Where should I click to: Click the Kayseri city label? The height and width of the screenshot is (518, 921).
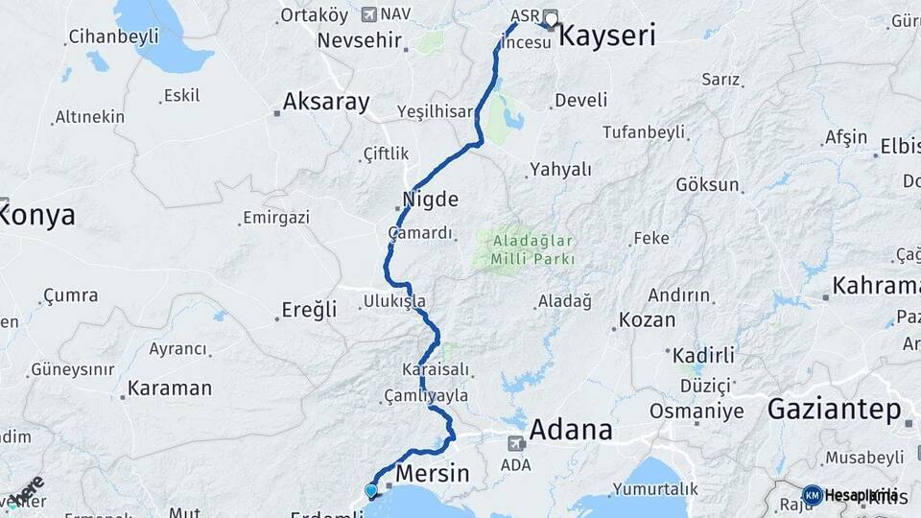(x=606, y=37)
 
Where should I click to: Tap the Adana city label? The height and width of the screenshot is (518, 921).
(x=570, y=429)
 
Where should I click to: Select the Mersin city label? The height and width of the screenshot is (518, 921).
(x=433, y=474)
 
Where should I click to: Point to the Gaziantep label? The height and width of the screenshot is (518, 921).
(x=835, y=410)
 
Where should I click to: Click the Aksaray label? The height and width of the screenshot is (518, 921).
(x=326, y=103)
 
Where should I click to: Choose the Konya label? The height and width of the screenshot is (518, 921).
(x=36, y=215)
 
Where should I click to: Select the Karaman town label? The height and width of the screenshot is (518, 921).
(x=169, y=388)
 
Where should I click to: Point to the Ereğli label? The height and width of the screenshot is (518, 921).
(x=309, y=309)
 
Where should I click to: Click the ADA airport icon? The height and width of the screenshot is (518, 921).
(x=516, y=443)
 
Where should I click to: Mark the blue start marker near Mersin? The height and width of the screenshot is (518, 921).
(x=371, y=491)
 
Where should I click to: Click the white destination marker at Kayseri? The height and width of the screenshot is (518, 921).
(x=551, y=17)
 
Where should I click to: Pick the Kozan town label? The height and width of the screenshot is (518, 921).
(x=648, y=319)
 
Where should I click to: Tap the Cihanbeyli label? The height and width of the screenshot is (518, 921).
(x=112, y=37)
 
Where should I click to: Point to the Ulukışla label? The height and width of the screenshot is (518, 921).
(x=394, y=301)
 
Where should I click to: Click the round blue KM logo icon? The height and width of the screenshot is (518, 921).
(x=813, y=495)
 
